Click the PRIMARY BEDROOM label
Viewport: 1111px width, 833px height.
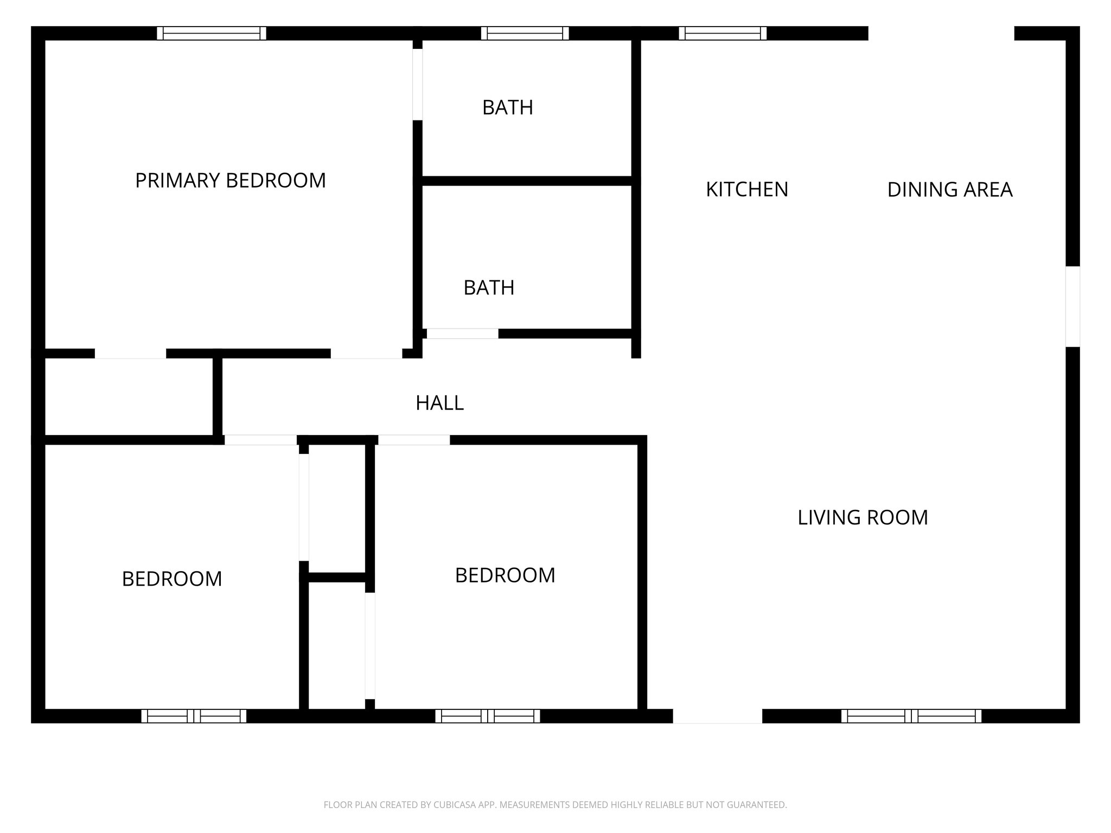coord(230,181)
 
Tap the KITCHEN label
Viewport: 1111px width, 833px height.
coord(746,189)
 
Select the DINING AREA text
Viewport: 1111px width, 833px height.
coord(949,189)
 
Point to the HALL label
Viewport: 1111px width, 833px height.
coord(439,403)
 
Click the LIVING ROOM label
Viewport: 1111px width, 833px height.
coord(863,517)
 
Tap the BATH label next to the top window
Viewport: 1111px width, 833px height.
coord(507,107)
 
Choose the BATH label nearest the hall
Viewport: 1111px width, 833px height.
coord(489,287)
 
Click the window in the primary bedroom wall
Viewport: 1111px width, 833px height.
coord(212,33)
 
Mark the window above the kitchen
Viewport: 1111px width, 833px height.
coord(723,33)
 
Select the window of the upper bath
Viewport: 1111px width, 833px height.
coord(525,33)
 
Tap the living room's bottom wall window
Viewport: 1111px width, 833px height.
coord(911,716)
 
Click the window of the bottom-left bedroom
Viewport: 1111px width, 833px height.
coord(194,716)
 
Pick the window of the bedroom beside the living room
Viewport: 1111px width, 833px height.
coord(487,716)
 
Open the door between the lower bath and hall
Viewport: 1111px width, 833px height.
coord(462,334)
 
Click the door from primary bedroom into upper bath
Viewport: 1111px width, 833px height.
coord(417,84)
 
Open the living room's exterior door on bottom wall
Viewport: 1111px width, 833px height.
coord(717,716)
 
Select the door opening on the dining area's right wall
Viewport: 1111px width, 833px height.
coord(1072,306)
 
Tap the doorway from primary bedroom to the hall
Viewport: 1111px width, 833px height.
coord(366,354)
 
